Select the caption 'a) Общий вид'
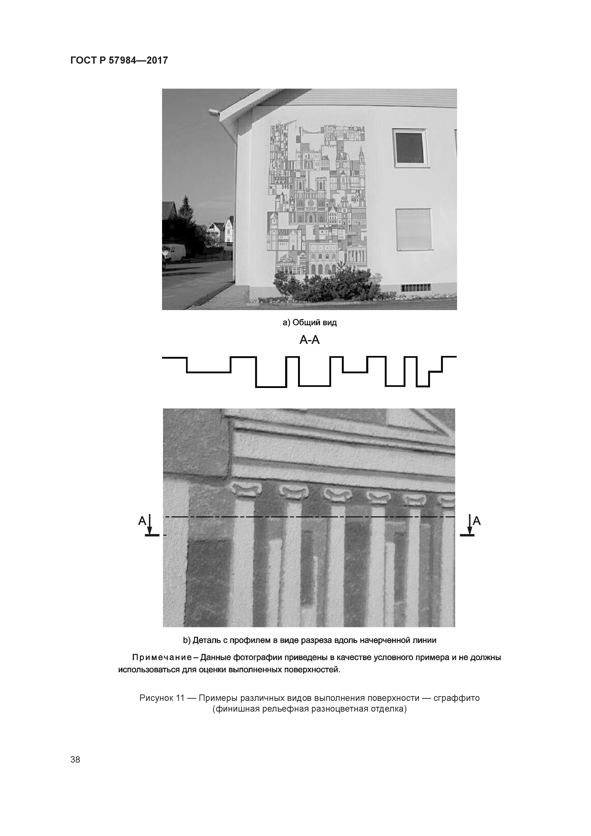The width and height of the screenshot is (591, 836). pyautogui.click(x=310, y=323)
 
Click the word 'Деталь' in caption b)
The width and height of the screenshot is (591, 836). pyautogui.click(x=206, y=640)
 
